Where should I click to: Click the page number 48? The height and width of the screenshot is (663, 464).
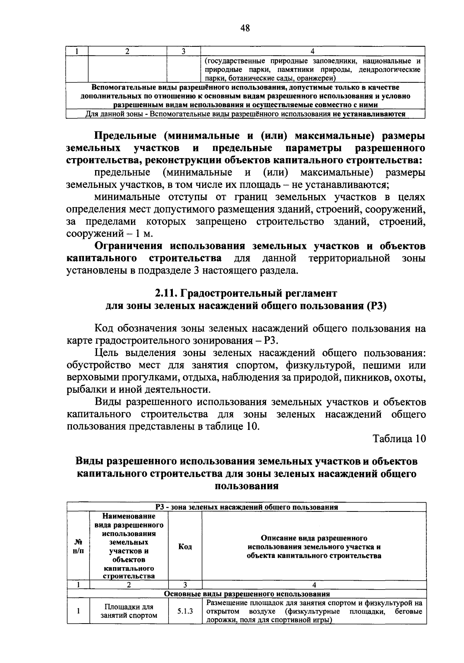(x=245, y=27)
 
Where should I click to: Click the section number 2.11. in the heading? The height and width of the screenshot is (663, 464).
(x=166, y=293)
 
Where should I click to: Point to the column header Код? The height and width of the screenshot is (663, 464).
(x=185, y=547)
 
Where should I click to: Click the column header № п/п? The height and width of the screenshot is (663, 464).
(x=78, y=547)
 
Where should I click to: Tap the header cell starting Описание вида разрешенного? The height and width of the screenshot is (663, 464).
(x=314, y=547)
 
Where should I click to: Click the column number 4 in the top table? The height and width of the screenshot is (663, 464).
(x=312, y=51)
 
